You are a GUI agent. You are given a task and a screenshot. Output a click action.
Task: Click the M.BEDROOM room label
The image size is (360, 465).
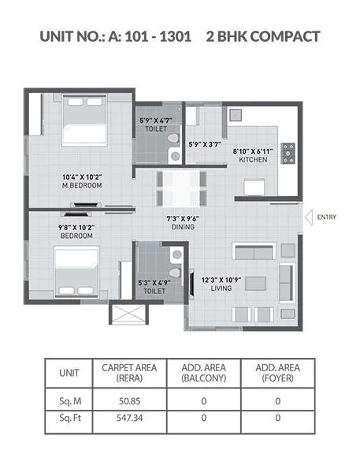click(x=85, y=186)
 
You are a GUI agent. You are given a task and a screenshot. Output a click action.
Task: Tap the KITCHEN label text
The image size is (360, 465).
click(x=253, y=160)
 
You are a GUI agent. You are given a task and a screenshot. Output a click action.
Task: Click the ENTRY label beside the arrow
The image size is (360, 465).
click(x=326, y=217)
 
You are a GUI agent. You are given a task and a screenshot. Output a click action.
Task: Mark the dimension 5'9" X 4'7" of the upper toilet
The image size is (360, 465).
click(x=155, y=120)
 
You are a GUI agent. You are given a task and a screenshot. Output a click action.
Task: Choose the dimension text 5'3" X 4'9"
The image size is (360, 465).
click(x=154, y=281)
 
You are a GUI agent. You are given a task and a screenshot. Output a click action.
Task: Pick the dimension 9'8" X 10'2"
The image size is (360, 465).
click(x=77, y=226)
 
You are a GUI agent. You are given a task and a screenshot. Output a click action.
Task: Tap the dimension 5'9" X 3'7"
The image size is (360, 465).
click(x=205, y=144)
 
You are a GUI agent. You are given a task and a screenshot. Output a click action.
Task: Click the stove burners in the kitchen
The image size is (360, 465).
click(x=288, y=152)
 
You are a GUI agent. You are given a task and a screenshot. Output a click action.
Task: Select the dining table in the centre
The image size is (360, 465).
click(x=183, y=189)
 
